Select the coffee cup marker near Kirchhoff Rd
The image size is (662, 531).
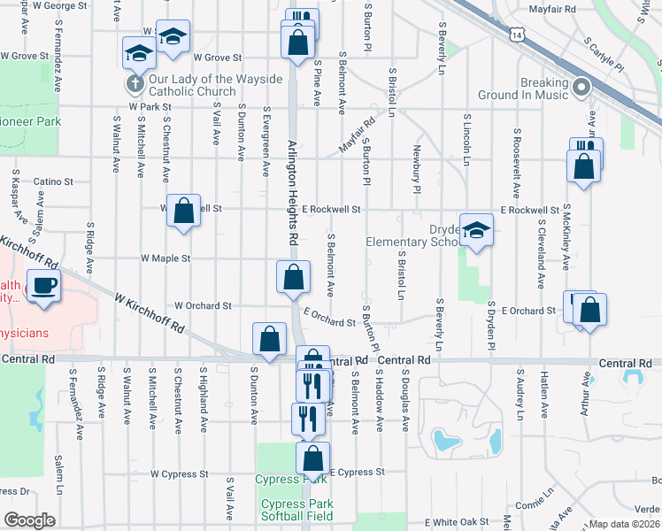click(43, 286)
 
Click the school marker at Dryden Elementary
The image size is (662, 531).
click(476, 231)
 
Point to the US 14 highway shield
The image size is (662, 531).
click(519, 35)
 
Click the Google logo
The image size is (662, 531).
click(29, 520)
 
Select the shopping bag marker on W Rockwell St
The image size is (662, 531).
click(183, 212)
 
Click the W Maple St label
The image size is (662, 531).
click(165, 259)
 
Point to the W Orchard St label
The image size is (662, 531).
click(203, 305)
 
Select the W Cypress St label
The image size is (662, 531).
click(179, 473)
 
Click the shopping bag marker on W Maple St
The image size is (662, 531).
click(293, 278)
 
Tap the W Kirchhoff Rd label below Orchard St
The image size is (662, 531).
click(150, 315)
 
